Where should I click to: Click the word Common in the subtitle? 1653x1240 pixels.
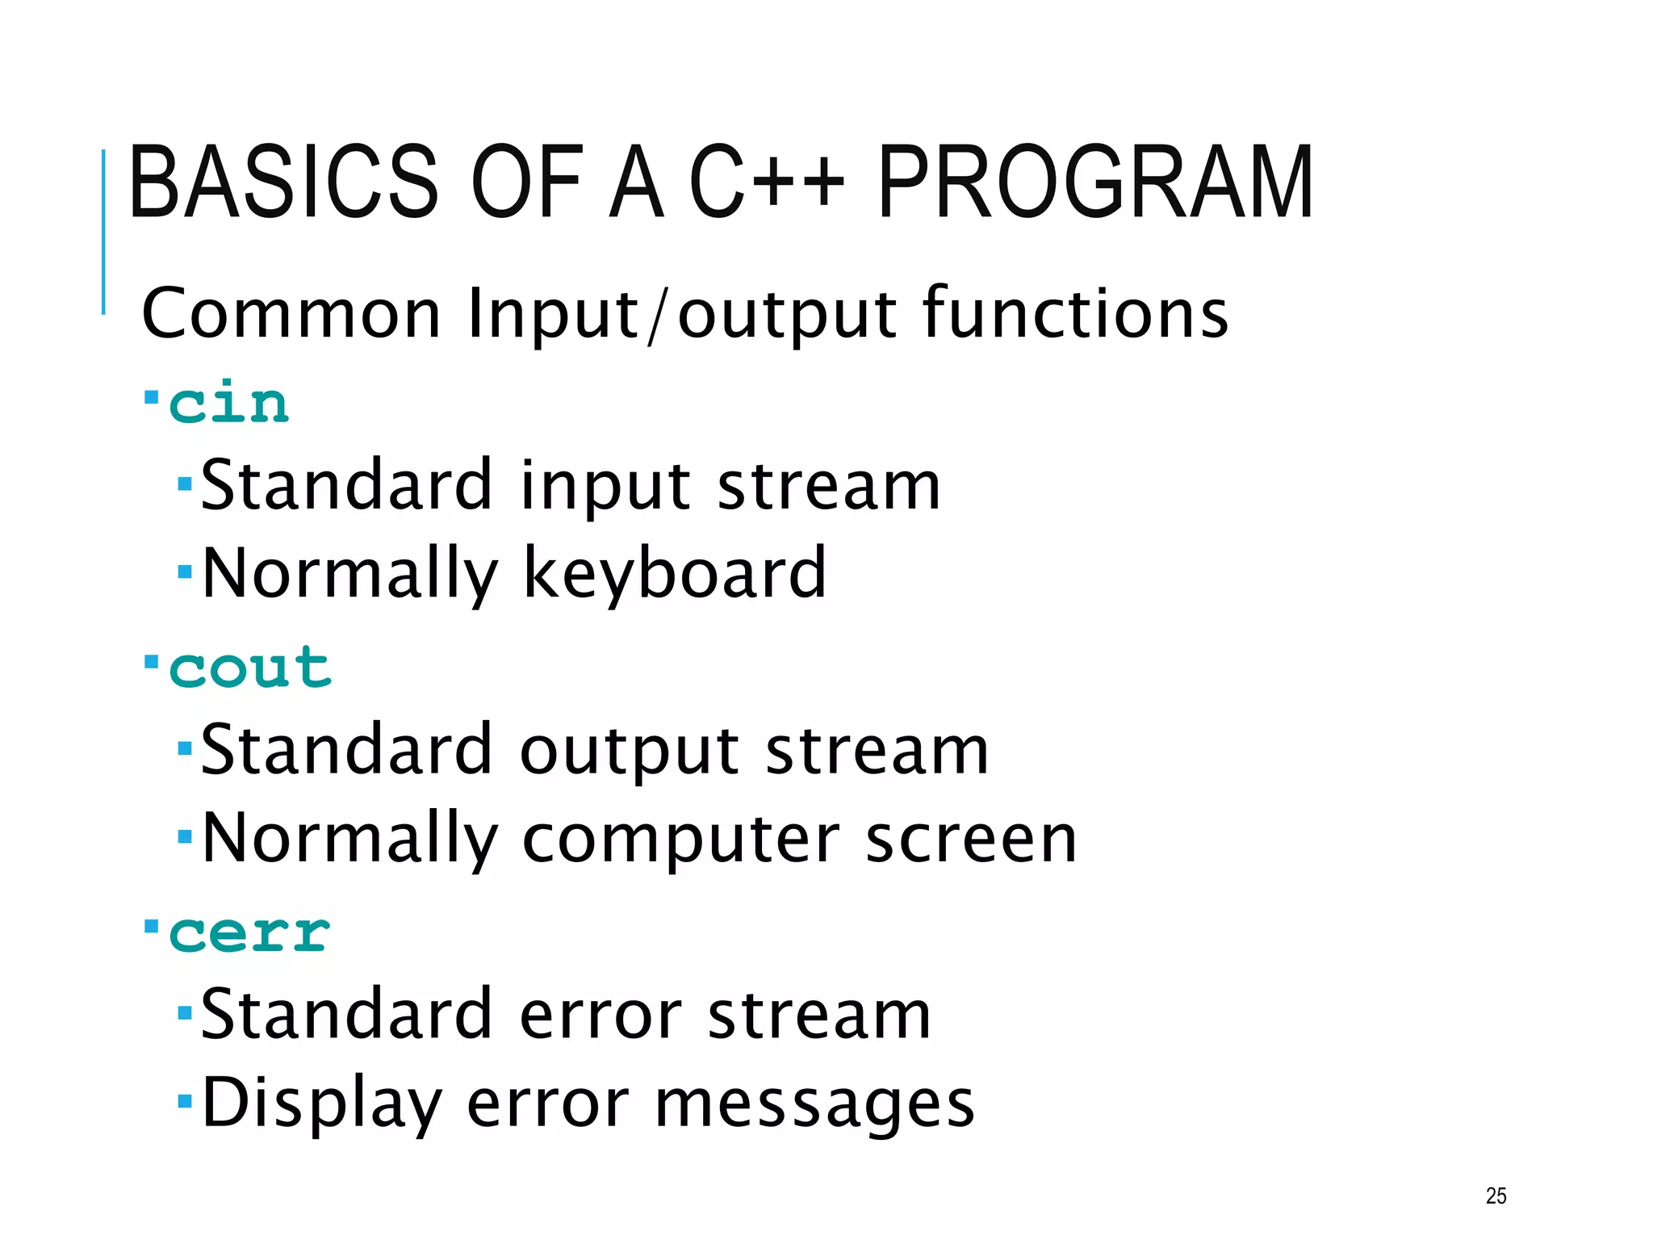coord(291,314)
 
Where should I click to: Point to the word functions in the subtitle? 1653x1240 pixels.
coord(1075,314)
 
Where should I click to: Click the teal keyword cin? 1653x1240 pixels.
coord(228,403)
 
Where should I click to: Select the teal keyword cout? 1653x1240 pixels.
coord(249,668)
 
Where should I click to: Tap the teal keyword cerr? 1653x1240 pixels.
coord(249,933)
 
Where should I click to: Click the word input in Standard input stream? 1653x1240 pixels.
coord(605,487)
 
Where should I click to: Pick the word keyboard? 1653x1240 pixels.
coord(675,574)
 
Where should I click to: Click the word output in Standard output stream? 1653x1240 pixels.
coord(630,752)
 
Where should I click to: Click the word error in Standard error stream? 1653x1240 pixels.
coord(601,1016)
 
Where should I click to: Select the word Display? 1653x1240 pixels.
coord(322,1104)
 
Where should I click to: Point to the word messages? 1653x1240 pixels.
coord(814,1104)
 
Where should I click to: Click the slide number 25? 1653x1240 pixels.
coord(1496,1196)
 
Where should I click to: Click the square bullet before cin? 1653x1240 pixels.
coord(151,398)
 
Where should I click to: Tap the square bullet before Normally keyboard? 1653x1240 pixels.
coord(185,572)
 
